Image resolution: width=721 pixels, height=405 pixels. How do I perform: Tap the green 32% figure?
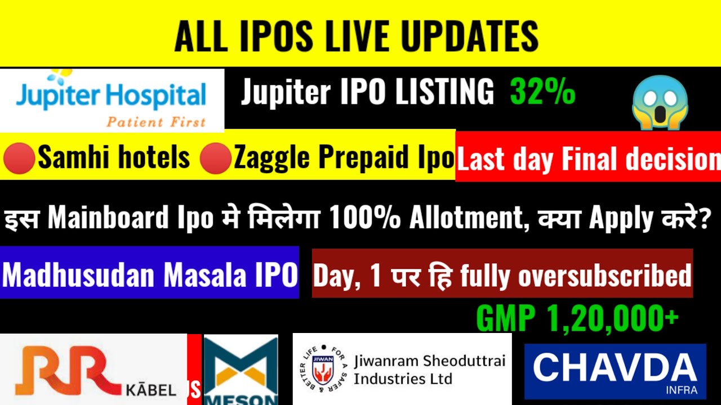click(x=542, y=92)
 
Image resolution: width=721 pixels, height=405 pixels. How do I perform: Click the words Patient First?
click(x=157, y=121)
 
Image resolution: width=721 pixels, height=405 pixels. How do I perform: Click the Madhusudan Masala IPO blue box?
click(x=149, y=275)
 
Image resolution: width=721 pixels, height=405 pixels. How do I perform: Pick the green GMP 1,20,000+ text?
click(x=577, y=319)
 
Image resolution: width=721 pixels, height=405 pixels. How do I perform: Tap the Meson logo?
click(x=241, y=370)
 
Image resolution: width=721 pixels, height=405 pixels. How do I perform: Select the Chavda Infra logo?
click(x=615, y=371)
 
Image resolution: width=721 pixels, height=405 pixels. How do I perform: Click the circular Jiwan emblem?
click(x=321, y=369)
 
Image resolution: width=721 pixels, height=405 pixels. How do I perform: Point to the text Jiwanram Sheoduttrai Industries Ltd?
click(x=429, y=369)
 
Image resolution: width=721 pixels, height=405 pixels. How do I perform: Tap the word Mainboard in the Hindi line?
click(x=108, y=218)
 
